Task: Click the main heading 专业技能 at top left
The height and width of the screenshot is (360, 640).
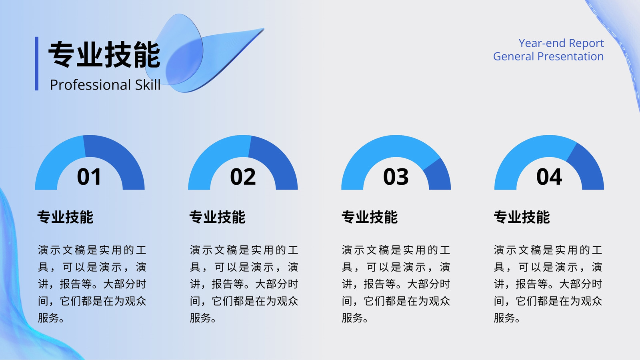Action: click(x=104, y=54)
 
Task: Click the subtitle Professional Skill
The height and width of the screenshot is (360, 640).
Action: click(x=105, y=85)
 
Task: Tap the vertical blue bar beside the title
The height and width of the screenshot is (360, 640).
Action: click(x=36, y=64)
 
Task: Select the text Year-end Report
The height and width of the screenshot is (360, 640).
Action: click(x=561, y=44)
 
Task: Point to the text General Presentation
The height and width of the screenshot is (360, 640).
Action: click(x=548, y=56)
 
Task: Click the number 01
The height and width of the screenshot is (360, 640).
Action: click(x=89, y=177)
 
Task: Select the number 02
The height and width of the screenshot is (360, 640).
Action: click(x=243, y=177)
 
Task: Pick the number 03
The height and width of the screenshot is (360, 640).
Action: click(x=396, y=177)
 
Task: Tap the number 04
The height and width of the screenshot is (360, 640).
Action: click(x=549, y=177)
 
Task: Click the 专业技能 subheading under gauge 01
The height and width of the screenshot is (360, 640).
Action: click(x=65, y=217)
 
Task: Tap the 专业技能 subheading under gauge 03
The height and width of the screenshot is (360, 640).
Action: click(x=370, y=217)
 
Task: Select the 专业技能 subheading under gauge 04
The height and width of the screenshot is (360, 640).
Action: click(x=522, y=217)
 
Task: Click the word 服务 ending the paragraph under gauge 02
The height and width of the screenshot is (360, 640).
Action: click(x=200, y=318)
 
